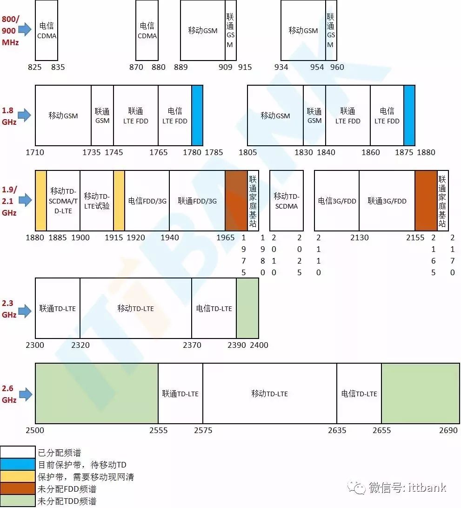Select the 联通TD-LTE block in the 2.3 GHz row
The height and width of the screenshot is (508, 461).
tap(58, 308)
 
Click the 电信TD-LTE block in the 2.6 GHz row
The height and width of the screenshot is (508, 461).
tap(359, 393)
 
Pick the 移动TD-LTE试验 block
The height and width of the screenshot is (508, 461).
tap(97, 200)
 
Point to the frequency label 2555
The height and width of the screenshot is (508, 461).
tap(159, 430)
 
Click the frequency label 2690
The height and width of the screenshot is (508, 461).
tap(448, 430)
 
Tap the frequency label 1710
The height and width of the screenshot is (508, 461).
tap(35, 152)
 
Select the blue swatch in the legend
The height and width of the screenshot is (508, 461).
tap(18, 464)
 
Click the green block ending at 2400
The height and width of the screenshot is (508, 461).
tap(247, 308)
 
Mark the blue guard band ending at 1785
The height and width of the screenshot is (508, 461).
tap(197, 115)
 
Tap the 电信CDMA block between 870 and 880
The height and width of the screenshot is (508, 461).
tap(147, 30)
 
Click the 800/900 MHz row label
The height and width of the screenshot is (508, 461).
tap(10, 30)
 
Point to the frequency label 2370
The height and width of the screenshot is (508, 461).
tap(192, 345)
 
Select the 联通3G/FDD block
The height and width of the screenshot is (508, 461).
tap(387, 201)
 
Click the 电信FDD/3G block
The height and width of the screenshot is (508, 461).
tap(147, 201)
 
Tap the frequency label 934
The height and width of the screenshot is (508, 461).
tap(281, 67)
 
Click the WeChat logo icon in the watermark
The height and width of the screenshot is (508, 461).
tap(359, 488)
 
